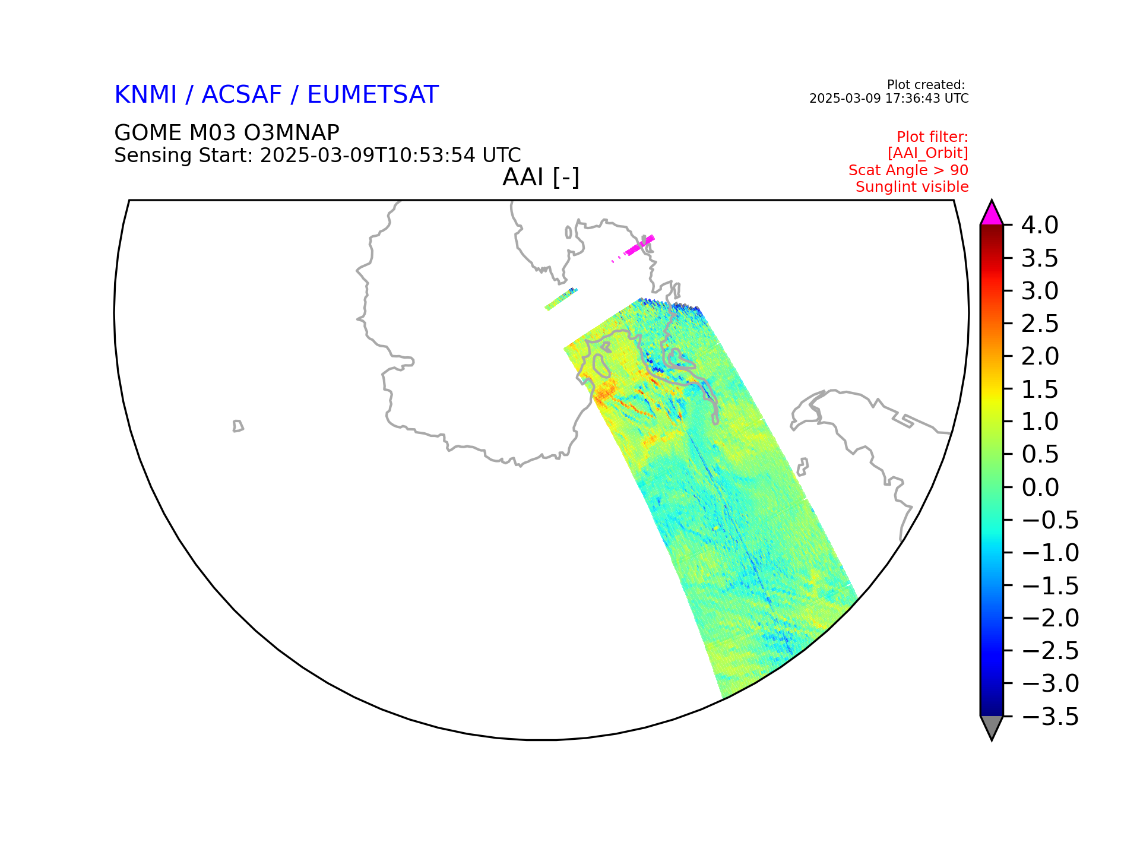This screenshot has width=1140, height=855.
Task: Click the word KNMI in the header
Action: coord(145,95)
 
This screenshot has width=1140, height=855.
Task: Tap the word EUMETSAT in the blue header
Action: coord(373,95)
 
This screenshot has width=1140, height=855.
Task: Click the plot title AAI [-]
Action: coord(541,177)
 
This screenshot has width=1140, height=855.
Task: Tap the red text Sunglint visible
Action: coord(912,187)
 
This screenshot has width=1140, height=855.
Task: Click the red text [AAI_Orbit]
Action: coord(928,153)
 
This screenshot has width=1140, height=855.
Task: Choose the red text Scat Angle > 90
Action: coord(908,170)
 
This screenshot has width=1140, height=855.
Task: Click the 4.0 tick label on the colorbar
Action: coord(1040,226)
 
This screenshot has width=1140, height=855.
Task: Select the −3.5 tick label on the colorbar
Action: coord(1050,717)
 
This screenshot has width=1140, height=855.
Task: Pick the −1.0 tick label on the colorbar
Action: coord(1050,553)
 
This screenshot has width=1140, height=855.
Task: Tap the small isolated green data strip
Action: coord(561,299)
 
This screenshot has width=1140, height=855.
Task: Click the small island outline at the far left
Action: coord(238,426)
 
